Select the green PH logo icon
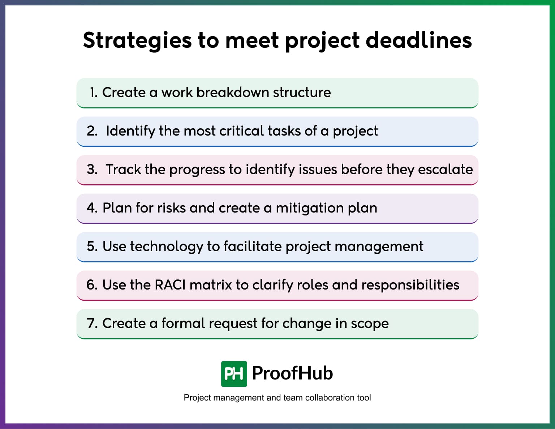tap(234, 374)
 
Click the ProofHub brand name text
tap(292, 373)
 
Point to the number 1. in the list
tap(94, 93)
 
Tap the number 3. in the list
tap(92, 170)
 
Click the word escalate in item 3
tap(445, 170)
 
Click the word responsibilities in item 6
tap(410, 285)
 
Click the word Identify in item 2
tap(130, 131)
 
